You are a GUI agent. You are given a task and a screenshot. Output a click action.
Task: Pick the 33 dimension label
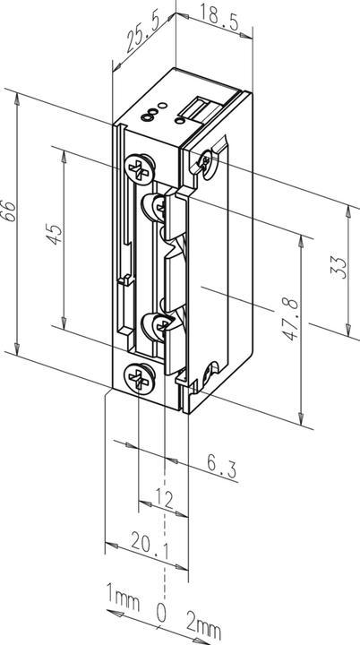[x=338, y=265]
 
